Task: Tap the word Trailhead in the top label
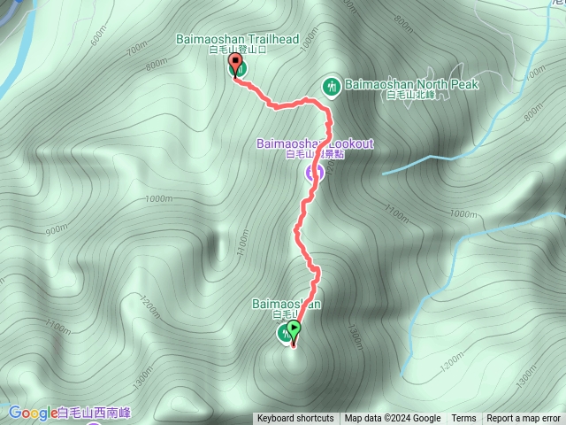(x=269, y=39)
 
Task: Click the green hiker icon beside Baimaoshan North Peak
(x=332, y=86)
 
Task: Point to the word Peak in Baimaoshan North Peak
(x=463, y=84)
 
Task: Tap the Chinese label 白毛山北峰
(x=411, y=96)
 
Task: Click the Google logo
(x=33, y=412)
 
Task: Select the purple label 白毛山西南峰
(x=93, y=413)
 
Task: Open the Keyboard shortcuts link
(x=295, y=419)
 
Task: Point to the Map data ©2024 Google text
(x=393, y=419)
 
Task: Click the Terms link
(x=463, y=419)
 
